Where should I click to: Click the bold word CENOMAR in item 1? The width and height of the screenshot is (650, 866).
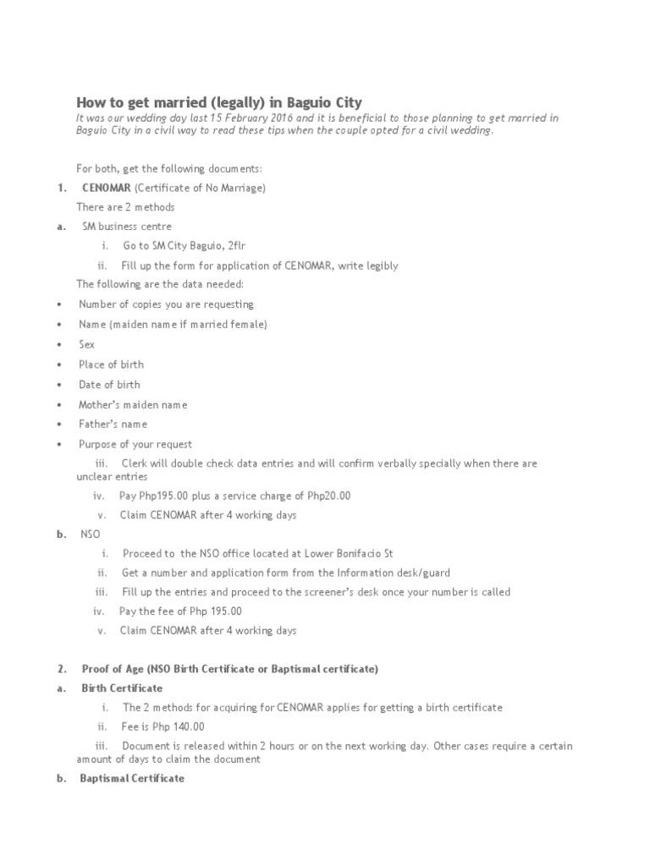(x=107, y=188)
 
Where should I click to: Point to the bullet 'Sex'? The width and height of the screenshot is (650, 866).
(x=87, y=344)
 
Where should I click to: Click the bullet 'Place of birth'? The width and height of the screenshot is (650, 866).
(x=111, y=364)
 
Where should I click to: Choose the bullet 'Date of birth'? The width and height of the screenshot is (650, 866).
(x=109, y=385)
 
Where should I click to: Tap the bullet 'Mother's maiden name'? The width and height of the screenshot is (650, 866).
(x=133, y=404)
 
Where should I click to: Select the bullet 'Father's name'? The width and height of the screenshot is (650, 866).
(x=113, y=424)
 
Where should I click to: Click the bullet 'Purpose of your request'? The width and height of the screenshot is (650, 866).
(x=135, y=444)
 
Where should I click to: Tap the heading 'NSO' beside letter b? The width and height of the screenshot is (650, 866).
(x=90, y=534)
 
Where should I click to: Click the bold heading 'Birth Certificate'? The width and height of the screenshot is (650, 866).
(x=122, y=688)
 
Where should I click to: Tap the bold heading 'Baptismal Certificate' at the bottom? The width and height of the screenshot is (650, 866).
(x=131, y=778)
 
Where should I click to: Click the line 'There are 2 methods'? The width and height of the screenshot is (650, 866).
(x=125, y=207)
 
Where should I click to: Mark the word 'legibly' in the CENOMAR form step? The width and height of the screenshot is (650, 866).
(x=380, y=266)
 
